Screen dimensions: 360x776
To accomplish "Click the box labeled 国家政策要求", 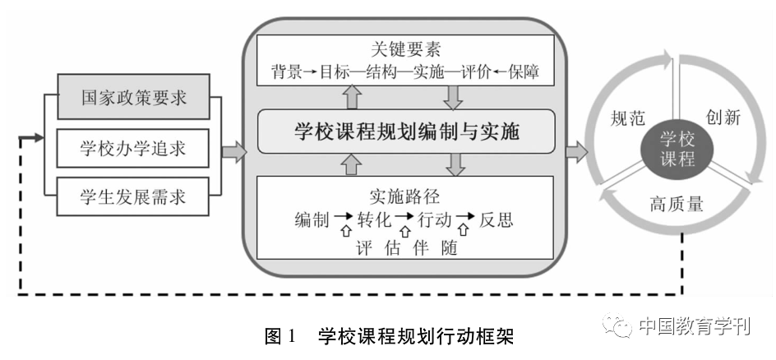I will (x=134, y=98).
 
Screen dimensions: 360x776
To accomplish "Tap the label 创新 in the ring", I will (x=723, y=118).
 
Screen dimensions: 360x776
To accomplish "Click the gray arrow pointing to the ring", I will (x=576, y=150).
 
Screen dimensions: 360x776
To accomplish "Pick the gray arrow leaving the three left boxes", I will (x=233, y=150).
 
